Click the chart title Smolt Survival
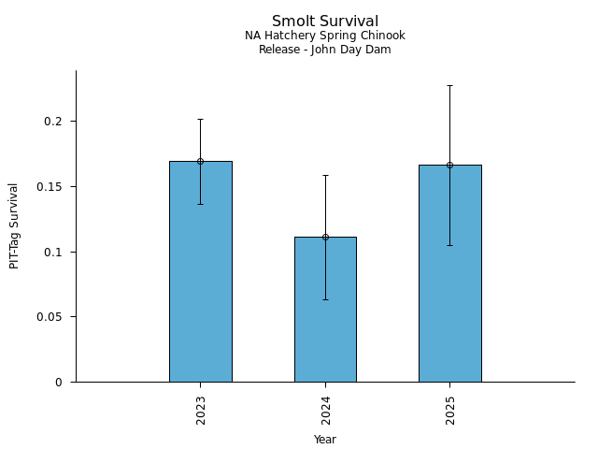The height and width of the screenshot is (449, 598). click(325, 22)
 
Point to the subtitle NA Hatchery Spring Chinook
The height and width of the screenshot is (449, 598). click(325, 36)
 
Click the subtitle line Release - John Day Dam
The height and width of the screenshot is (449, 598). click(325, 50)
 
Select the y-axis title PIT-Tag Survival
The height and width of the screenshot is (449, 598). click(14, 225)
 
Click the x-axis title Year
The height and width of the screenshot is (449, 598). click(325, 440)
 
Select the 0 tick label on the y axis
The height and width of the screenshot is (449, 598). click(59, 382)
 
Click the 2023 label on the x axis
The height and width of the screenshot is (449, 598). click(201, 409)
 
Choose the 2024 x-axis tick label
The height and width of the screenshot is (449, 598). click(325, 409)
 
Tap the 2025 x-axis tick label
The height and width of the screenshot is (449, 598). click(450, 409)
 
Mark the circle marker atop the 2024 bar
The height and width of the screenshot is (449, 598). click(325, 237)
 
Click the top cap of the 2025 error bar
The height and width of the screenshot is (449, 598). click(449, 85)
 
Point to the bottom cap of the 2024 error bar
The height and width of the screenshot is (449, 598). click(325, 299)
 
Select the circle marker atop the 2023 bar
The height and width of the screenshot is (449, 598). click(200, 161)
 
